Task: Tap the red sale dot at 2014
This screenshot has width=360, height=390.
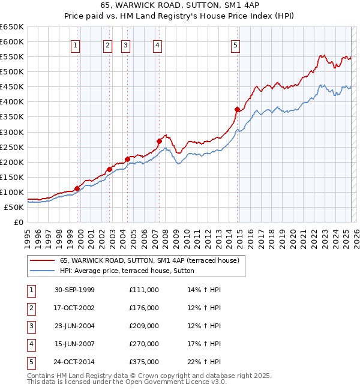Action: pyautogui.click(x=237, y=109)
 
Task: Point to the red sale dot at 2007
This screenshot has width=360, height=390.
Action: pyautogui.click(x=159, y=141)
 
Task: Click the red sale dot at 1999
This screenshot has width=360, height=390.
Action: pyautogui.click(x=77, y=188)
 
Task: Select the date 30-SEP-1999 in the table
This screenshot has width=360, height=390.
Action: pyautogui.click(x=74, y=290)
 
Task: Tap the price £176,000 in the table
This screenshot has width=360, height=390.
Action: pyautogui.click(x=143, y=308)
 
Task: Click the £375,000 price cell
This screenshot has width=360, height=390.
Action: pyautogui.click(x=143, y=362)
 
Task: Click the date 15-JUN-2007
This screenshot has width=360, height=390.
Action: pyautogui.click(x=74, y=344)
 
